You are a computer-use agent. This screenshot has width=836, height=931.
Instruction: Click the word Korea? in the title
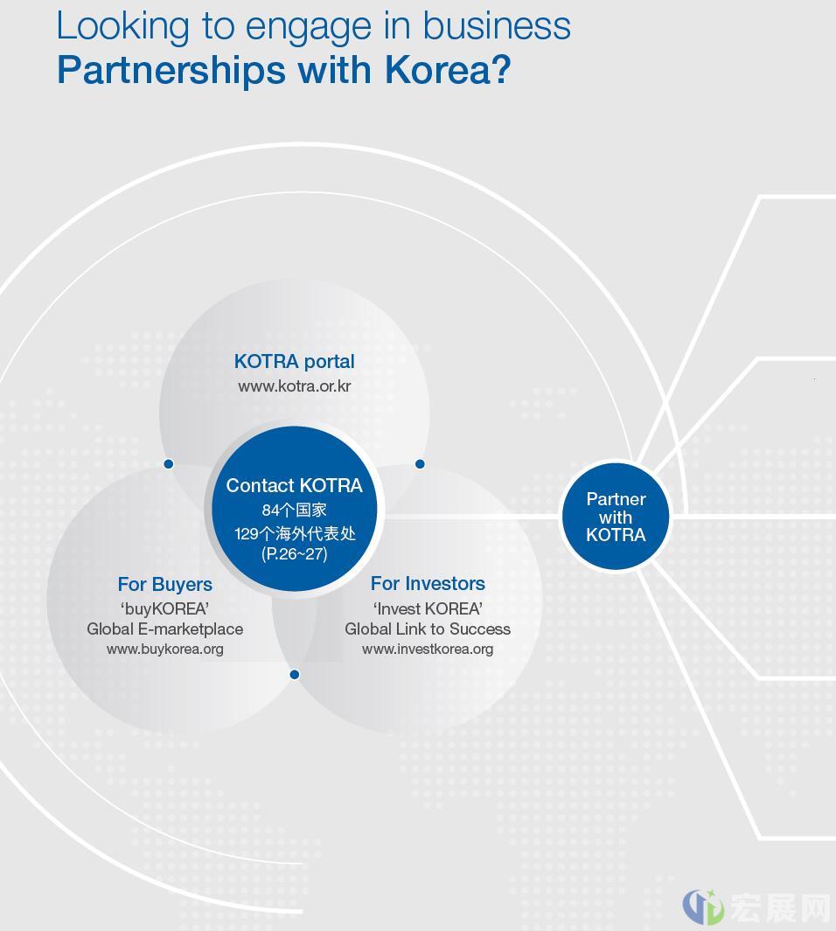point(448,70)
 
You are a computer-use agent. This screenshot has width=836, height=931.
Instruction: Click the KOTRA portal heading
point(295,361)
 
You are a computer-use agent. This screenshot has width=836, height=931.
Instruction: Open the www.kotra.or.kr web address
point(295,386)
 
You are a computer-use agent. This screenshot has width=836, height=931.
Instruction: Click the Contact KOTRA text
point(295,485)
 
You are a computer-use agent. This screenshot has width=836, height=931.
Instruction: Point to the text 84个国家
point(295,510)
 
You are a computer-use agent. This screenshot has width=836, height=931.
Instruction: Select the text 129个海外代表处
point(295,533)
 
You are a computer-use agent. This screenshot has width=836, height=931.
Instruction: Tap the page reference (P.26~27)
point(295,554)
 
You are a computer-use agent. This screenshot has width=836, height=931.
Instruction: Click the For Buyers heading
point(165,584)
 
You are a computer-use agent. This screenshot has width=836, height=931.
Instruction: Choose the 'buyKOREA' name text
point(165,608)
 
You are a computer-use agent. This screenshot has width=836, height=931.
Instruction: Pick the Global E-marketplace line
point(165,629)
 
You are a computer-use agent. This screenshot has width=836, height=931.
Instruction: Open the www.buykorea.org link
point(165,649)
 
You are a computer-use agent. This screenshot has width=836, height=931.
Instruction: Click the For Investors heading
point(428,583)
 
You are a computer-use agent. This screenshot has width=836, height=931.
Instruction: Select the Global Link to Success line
point(428,629)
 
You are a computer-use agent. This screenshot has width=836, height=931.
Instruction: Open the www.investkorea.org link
point(428,649)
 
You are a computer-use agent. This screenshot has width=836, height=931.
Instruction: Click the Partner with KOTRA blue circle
point(616,517)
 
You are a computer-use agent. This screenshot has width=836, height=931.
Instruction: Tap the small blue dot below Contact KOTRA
point(295,675)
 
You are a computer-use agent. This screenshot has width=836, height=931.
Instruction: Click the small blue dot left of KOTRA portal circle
point(169,463)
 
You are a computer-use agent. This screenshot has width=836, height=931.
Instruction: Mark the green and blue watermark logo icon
point(703,907)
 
